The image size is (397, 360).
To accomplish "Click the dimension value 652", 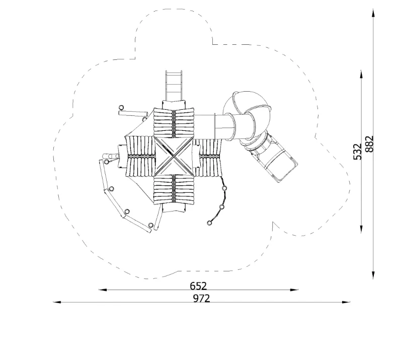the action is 198,286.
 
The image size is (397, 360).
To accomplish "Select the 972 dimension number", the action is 202,299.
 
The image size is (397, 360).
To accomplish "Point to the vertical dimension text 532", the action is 357,152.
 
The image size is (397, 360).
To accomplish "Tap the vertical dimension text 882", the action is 369,144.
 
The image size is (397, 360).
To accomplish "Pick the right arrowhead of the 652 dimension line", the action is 294,290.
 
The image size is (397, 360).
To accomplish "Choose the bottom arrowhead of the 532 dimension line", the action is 361,228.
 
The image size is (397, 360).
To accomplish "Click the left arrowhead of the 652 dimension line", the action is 103,290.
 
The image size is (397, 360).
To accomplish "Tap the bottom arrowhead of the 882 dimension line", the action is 373,274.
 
